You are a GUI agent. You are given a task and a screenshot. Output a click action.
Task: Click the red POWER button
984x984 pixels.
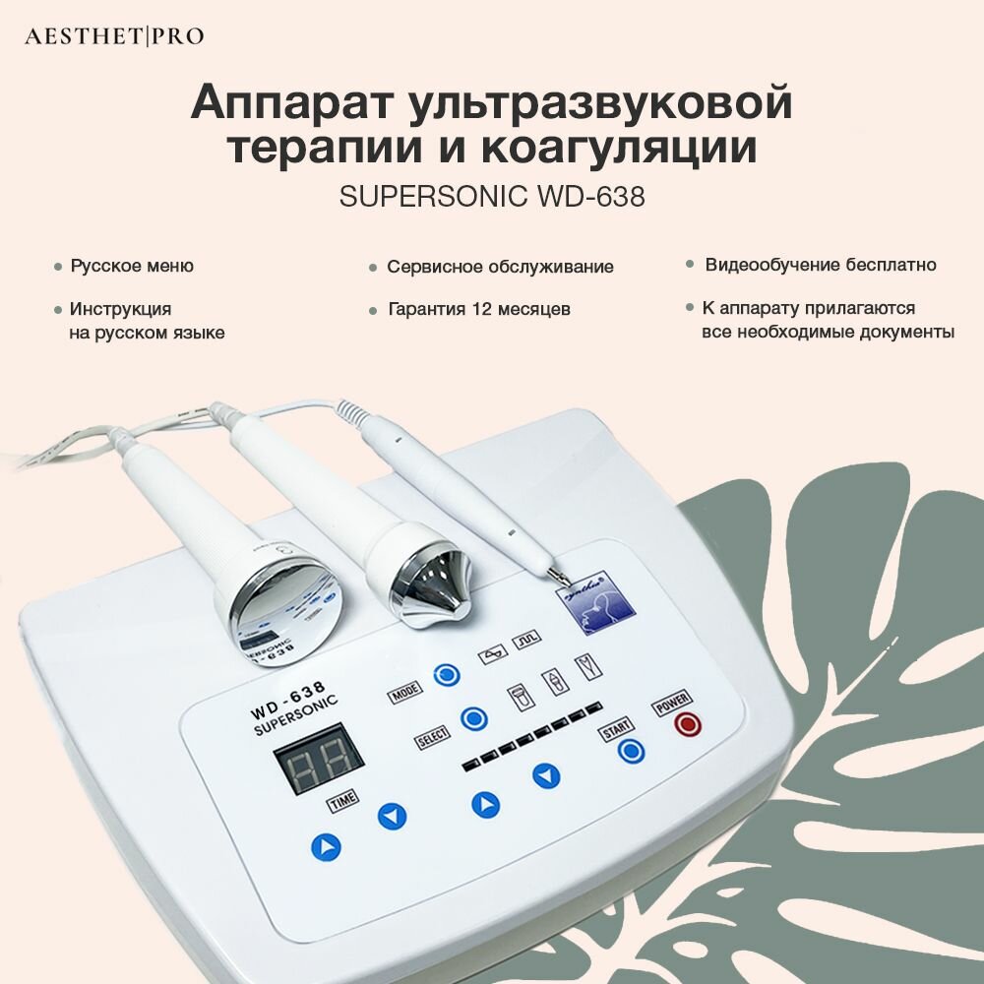click(687, 726)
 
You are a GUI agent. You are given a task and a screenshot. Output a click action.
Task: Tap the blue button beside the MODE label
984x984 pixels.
click(448, 676)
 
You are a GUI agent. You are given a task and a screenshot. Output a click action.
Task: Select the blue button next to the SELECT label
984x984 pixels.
click(474, 717)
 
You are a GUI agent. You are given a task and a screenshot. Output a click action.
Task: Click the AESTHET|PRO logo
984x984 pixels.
click(114, 36)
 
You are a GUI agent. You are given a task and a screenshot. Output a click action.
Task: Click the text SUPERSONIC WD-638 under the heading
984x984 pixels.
click(492, 197)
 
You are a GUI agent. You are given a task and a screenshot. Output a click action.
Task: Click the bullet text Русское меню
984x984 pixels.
click(132, 266)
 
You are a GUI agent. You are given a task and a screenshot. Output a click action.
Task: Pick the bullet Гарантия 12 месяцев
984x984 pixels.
click(479, 309)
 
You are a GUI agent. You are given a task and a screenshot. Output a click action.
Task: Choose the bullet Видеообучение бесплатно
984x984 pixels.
click(821, 265)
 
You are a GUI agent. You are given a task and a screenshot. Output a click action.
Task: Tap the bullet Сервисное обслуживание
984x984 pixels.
click(500, 267)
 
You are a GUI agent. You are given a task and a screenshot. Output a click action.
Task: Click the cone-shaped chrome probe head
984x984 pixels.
click(425, 580)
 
